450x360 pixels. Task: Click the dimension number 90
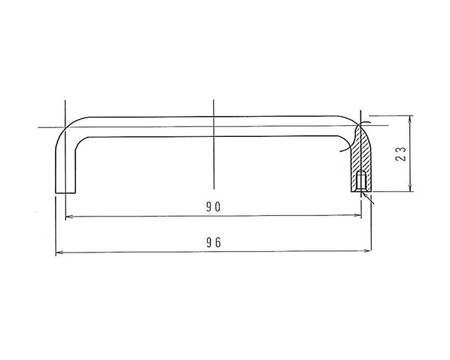pos(213,207)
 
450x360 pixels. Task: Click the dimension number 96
pos(214,243)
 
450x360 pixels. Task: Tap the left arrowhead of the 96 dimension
pos(58,253)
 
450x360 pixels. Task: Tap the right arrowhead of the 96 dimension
pos(368,251)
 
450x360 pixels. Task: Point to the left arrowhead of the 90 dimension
pos(69,217)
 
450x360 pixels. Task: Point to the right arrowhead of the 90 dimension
pos(358,215)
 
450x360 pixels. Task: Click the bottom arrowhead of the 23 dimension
pos(411,188)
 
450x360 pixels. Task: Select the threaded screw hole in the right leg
pos(361,180)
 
